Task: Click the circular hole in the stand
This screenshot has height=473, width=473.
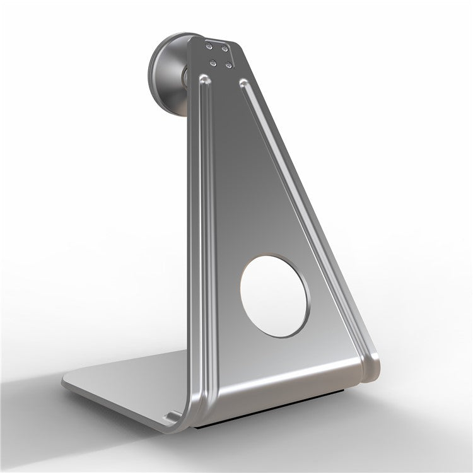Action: click(x=274, y=295)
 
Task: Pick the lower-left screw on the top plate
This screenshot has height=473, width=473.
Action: click(x=213, y=62)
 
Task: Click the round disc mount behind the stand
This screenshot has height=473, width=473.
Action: click(x=167, y=74)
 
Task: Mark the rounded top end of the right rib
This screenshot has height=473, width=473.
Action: click(x=243, y=83)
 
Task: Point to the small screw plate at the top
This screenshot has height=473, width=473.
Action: click(x=219, y=55)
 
